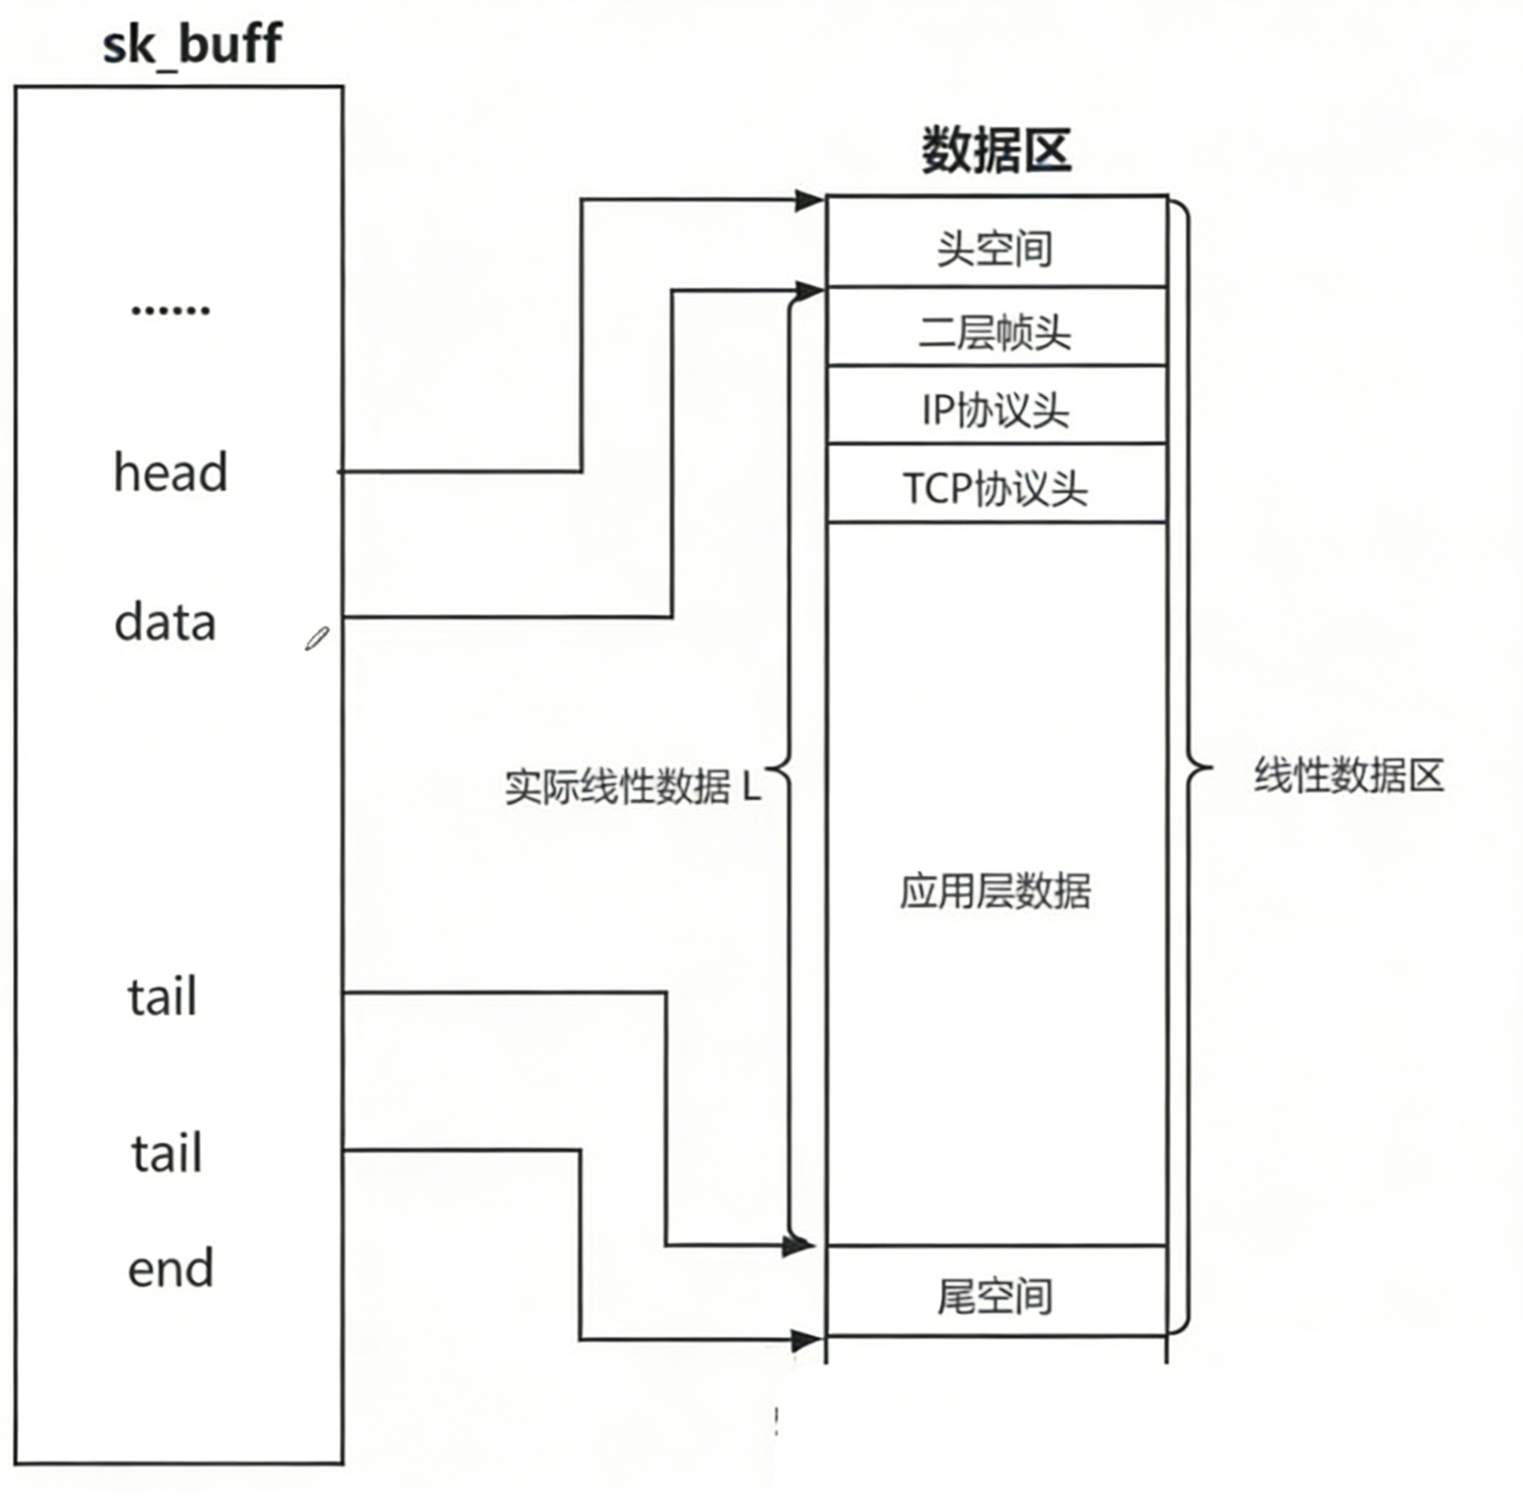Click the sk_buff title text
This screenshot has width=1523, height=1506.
(192, 45)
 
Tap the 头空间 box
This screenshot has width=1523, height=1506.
(996, 247)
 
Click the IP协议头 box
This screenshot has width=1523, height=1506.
(996, 409)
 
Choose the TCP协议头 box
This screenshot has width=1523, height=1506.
(996, 487)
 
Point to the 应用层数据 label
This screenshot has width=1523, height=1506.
(996, 891)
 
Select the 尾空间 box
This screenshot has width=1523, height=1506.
(996, 1297)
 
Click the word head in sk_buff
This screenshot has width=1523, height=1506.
(170, 472)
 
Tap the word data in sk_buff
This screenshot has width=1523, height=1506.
(164, 622)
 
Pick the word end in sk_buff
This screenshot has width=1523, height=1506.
(170, 1268)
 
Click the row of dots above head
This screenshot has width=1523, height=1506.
(170, 310)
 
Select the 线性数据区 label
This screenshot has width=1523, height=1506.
(1349, 775)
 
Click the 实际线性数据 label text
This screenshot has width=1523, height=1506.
(618, 786)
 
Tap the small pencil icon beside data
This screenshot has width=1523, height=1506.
(317, 638)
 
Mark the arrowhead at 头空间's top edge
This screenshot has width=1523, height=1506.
(809, 200)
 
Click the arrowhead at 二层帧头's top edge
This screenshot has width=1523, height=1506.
(809, 291)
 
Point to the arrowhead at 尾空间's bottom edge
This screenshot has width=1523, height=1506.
(806, 1339)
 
